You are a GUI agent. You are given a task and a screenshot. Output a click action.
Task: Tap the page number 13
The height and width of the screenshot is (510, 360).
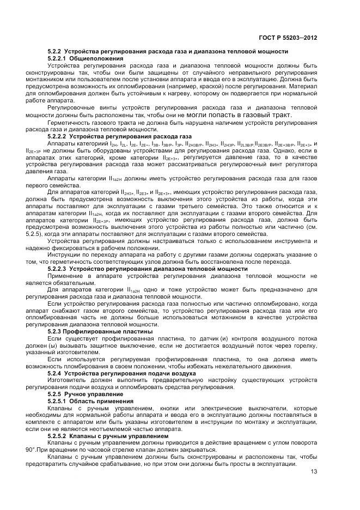pos(314,472)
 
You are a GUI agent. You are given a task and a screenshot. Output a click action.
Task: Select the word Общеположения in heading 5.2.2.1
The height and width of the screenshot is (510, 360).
pos(90,58)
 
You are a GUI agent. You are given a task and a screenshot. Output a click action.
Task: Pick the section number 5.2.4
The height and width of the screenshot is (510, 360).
pos(54,374)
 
